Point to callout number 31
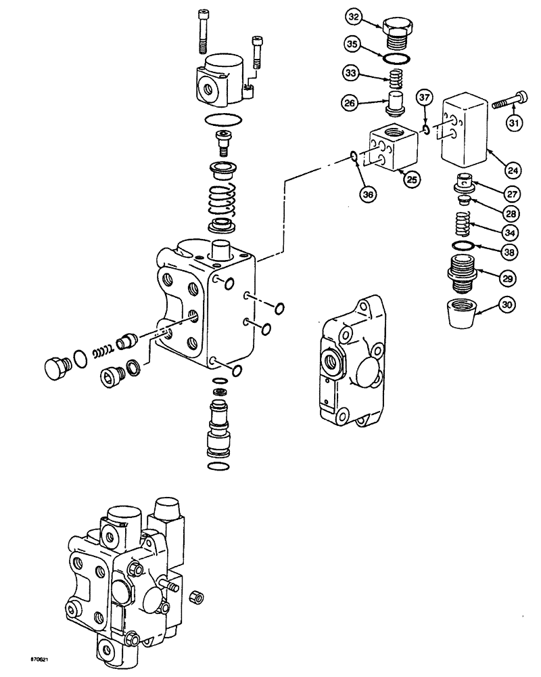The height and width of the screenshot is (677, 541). pyautogui.click(x=516, y=122)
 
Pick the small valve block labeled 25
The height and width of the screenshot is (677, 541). pyautogui.click(x=394, y=148)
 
